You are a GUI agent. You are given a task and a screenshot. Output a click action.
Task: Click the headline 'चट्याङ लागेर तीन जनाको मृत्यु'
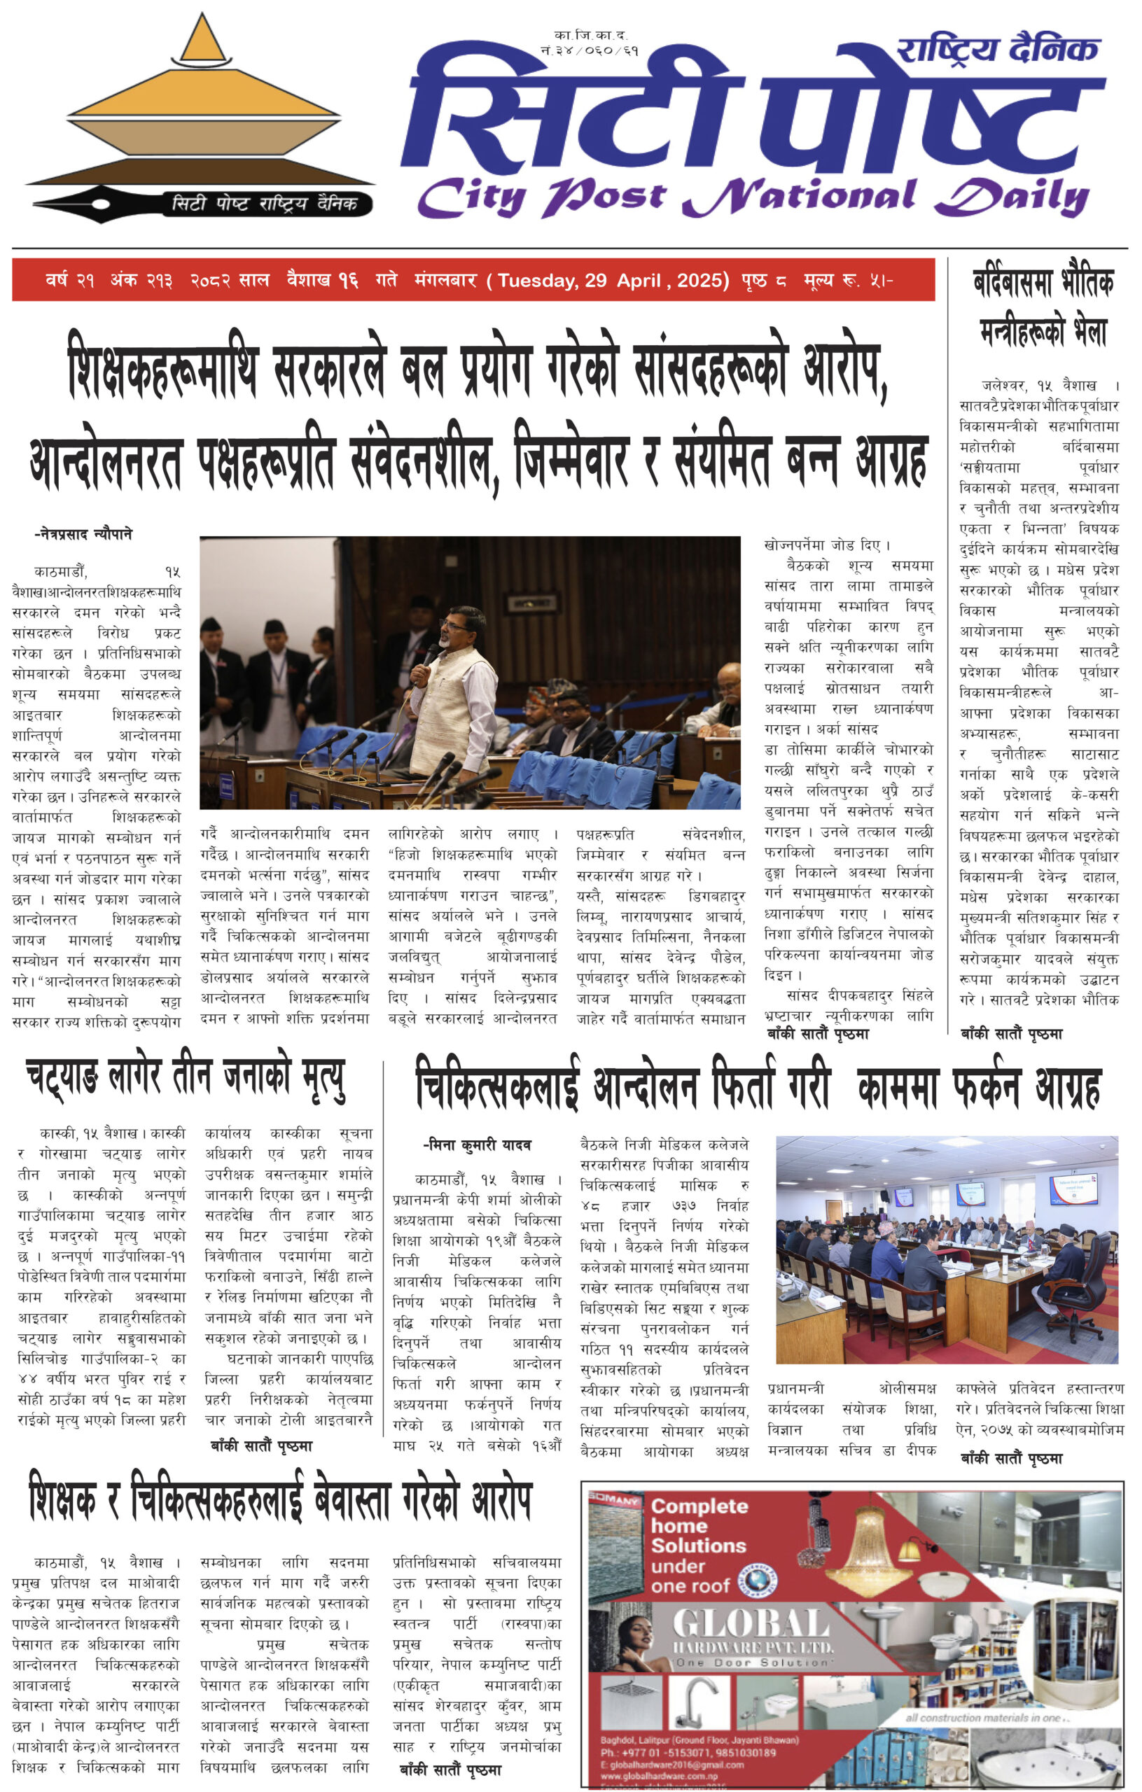click(x=186, y=1077)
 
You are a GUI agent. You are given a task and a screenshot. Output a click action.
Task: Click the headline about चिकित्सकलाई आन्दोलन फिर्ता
click(x=757, y=1088)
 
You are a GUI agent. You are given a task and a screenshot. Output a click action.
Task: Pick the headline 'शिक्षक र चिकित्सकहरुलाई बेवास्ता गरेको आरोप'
click(x=281, y=1497)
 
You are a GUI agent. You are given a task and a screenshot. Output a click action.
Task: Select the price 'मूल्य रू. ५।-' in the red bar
click(x=848, y=281)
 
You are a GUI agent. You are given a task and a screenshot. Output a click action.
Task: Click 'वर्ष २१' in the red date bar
click(x=69, y=281)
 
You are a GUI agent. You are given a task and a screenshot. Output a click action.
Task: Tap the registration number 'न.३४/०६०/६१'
click(x=590, y=50)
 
